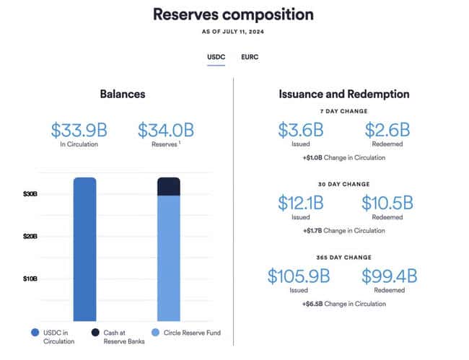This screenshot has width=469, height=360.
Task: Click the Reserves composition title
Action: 234,14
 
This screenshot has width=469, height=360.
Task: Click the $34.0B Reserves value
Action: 166,130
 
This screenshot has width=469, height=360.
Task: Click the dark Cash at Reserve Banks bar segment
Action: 168,186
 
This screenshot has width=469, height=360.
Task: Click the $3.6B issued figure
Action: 301,131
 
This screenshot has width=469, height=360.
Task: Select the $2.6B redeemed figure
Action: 387,131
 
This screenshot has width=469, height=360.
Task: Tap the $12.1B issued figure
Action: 301,203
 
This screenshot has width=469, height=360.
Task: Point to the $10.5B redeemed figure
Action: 387,203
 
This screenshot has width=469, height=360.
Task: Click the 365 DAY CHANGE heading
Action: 344,257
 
